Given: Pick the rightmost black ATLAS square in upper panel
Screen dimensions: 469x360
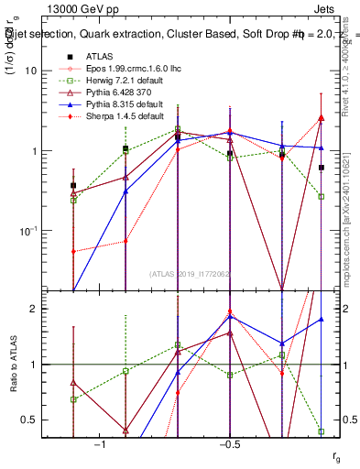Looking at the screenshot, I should click(322, 168).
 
